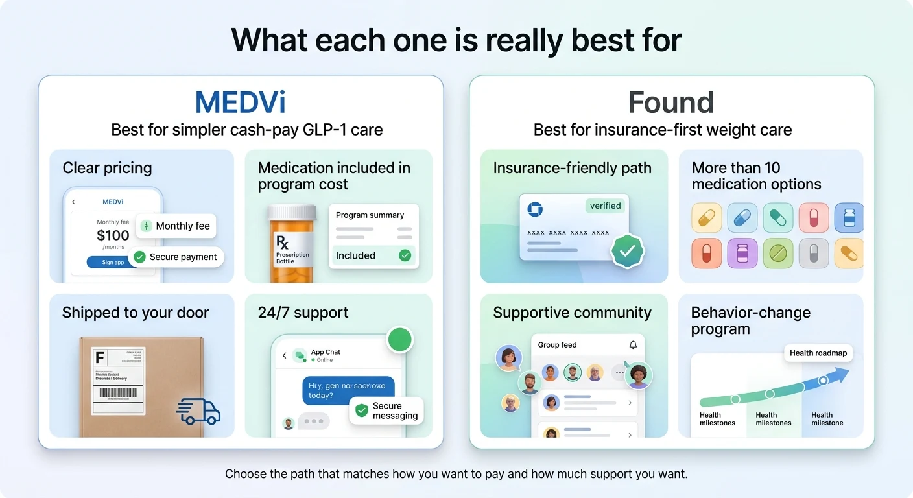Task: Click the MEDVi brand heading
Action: pos(241,102)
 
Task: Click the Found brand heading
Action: pos(670,102)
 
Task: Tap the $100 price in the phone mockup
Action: pos(113,235)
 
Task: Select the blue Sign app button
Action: pos(113,263)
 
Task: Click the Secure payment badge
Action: pos(176,257)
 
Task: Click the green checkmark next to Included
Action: pos(405,255)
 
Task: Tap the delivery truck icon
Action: pos(198,411)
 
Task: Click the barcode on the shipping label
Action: pos(119,393)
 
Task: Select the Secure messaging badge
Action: pos(387,410)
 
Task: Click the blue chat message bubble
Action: pos(348,390)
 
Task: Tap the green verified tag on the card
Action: pos(605,206)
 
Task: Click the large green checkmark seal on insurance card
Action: pos(627,251)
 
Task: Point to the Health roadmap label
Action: pos(818,353)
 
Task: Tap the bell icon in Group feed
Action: pos(633,345)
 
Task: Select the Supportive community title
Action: pos(572,313)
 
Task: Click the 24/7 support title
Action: pos(303,313)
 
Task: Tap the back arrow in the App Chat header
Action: pos(284,355)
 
